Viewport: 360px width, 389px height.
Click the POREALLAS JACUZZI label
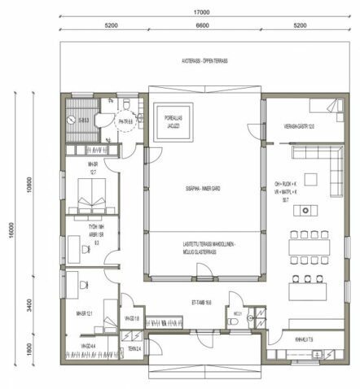point(172,117)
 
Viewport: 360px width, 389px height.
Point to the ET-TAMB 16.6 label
point(203,302)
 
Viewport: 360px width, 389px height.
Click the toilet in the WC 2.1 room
point(235,323)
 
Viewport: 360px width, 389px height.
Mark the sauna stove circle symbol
point(75,120)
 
